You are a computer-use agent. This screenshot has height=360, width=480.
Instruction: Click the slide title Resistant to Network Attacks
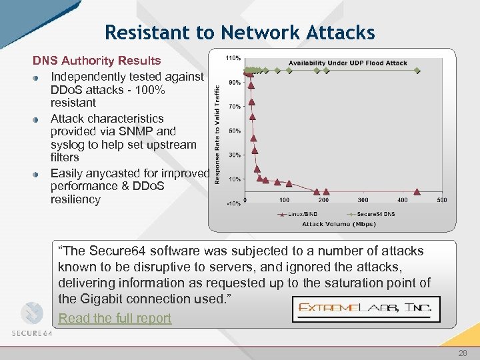coord(240,32)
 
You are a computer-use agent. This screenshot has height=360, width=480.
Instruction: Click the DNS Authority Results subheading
coord(97,61)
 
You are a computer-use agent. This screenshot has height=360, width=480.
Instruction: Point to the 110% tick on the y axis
coord(234,59)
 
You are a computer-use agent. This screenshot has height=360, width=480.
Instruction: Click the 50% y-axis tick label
coord(235,131)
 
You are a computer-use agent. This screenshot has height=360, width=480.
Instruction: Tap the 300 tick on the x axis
coord(363,200)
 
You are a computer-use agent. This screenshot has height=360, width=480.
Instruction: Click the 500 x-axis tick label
coord(441,200)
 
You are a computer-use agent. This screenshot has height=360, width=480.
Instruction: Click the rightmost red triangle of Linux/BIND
coord(417,191)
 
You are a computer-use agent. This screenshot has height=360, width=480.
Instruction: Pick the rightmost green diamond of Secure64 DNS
coord(417,70)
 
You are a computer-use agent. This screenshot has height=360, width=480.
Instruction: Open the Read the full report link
coord(115,318)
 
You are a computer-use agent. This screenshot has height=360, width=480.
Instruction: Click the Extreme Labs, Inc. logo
coord(366,309)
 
